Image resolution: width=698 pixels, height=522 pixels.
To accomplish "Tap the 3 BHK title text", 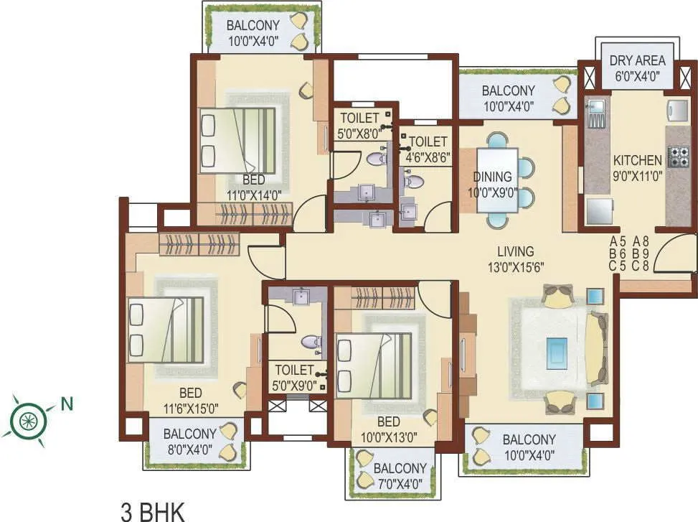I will coord(151,512).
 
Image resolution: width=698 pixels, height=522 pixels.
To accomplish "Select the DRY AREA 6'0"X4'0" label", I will coord(637,67).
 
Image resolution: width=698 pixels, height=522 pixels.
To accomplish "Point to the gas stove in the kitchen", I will coord(678,157).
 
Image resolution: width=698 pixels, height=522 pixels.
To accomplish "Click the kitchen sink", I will coord(596,111).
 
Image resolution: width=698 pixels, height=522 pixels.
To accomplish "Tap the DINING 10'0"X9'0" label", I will coord(492,183).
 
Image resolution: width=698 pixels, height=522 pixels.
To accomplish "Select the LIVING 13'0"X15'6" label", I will coord(516,258).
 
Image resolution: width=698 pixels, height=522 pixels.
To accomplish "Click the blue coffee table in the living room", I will coord(556,352).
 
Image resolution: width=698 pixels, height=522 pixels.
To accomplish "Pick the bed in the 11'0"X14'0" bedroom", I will coord(237,141).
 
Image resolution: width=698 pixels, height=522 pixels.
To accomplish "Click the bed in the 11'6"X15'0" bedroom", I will coord(166,330).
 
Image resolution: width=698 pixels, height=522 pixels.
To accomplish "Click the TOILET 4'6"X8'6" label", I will coord(428,149).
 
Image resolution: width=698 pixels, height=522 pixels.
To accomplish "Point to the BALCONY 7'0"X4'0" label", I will coord(400,475).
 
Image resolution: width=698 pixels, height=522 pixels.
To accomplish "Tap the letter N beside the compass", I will coord(67,404).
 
